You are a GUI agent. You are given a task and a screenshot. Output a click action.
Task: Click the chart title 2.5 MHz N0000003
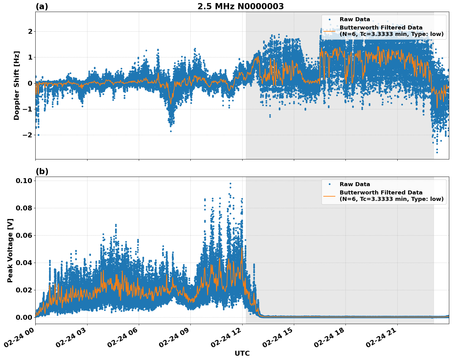pyautogui.click(x=240, y=6)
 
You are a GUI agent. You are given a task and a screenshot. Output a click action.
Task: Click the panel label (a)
pyautogui.click(x=42, y=6)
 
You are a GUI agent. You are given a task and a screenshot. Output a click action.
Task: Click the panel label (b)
pyautogui.click(x=42, y=171)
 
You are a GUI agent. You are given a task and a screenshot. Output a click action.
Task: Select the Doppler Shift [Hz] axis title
pyautogui.click(x=17, y=85)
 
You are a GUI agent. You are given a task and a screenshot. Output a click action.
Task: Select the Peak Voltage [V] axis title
pyautogui.click(x=10, y=250)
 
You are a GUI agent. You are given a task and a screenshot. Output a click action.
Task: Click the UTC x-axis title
pyautogui.click(x=242, y=353)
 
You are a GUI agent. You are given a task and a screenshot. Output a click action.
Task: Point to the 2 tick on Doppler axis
pyautogui.click(x=30, y=32)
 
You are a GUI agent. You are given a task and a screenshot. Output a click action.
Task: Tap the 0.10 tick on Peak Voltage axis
pyautogui.click(x=24, y=181)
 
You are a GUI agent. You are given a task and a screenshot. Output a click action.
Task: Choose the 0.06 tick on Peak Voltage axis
pyautogui.click(x=24, y=235)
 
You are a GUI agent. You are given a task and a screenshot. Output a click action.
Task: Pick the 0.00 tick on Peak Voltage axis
pyautogui.click(x=24, y=317)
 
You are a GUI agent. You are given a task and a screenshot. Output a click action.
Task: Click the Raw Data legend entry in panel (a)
pyautogui.click(x=355, y=20)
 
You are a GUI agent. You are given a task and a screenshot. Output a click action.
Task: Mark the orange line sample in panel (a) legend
pyautogui.click(x=329, y=31)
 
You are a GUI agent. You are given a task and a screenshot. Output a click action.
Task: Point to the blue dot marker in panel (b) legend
pyautogui.click(x=329, y=184)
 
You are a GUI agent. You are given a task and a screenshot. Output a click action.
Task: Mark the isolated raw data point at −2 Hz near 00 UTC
pyautogui.click(x=38, y=135)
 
